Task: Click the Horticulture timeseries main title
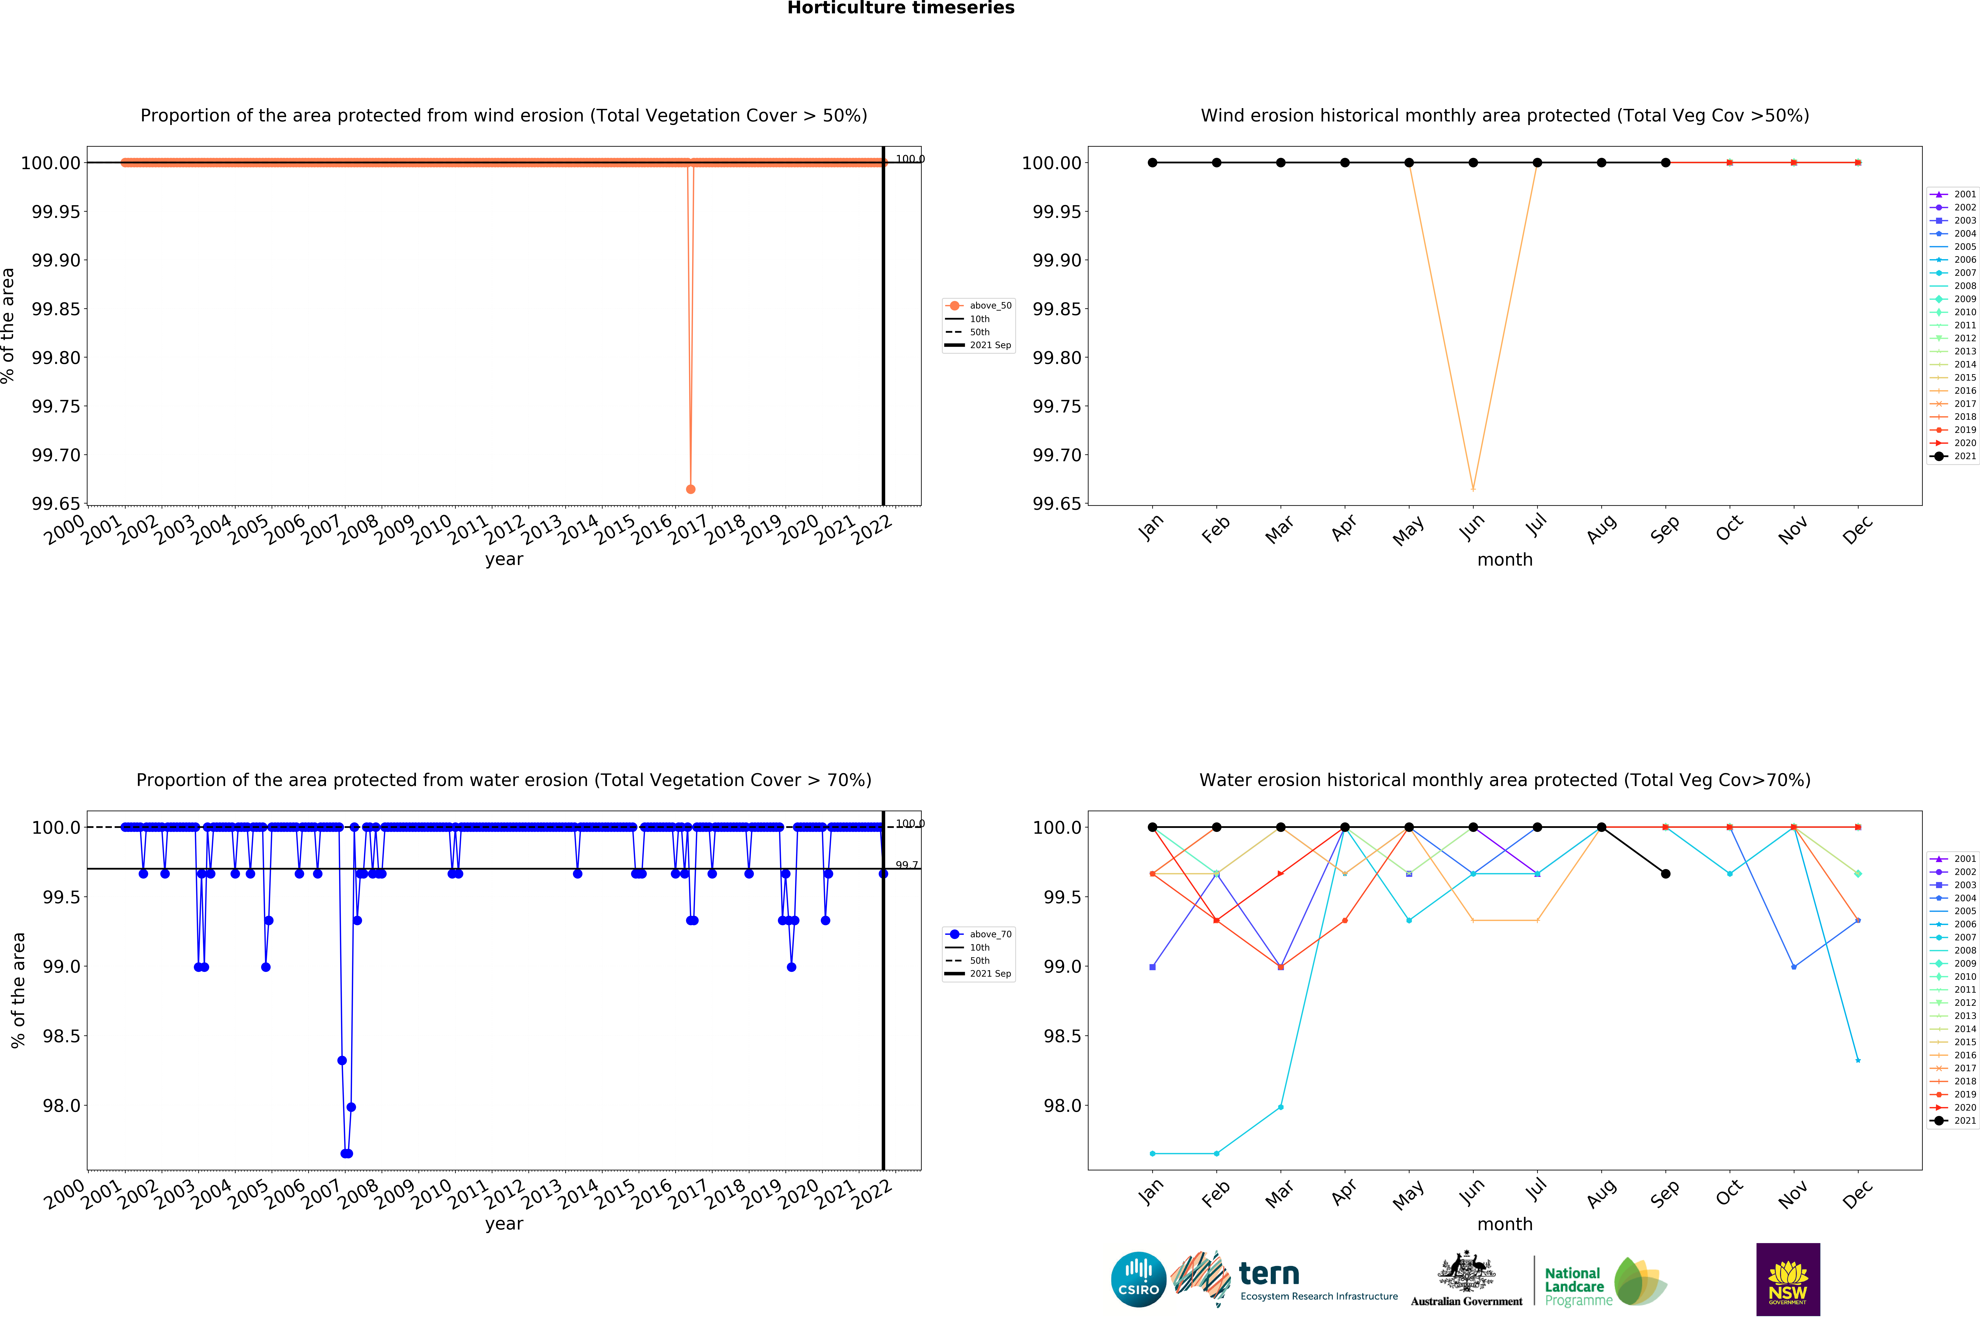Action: click(x=900, y=9)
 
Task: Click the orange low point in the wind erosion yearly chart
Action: click(x=690, y=489)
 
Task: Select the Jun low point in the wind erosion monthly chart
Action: click(x=1472, y=489)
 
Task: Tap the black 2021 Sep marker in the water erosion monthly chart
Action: click(x=1665, y=874)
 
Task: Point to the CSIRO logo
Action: click(x=1138, y=1279)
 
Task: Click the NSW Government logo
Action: click(x=1787, y=1279)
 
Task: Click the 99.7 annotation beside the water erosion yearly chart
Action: click(x=906, y=865)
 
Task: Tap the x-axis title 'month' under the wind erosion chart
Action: click(x=1505, y=559)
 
